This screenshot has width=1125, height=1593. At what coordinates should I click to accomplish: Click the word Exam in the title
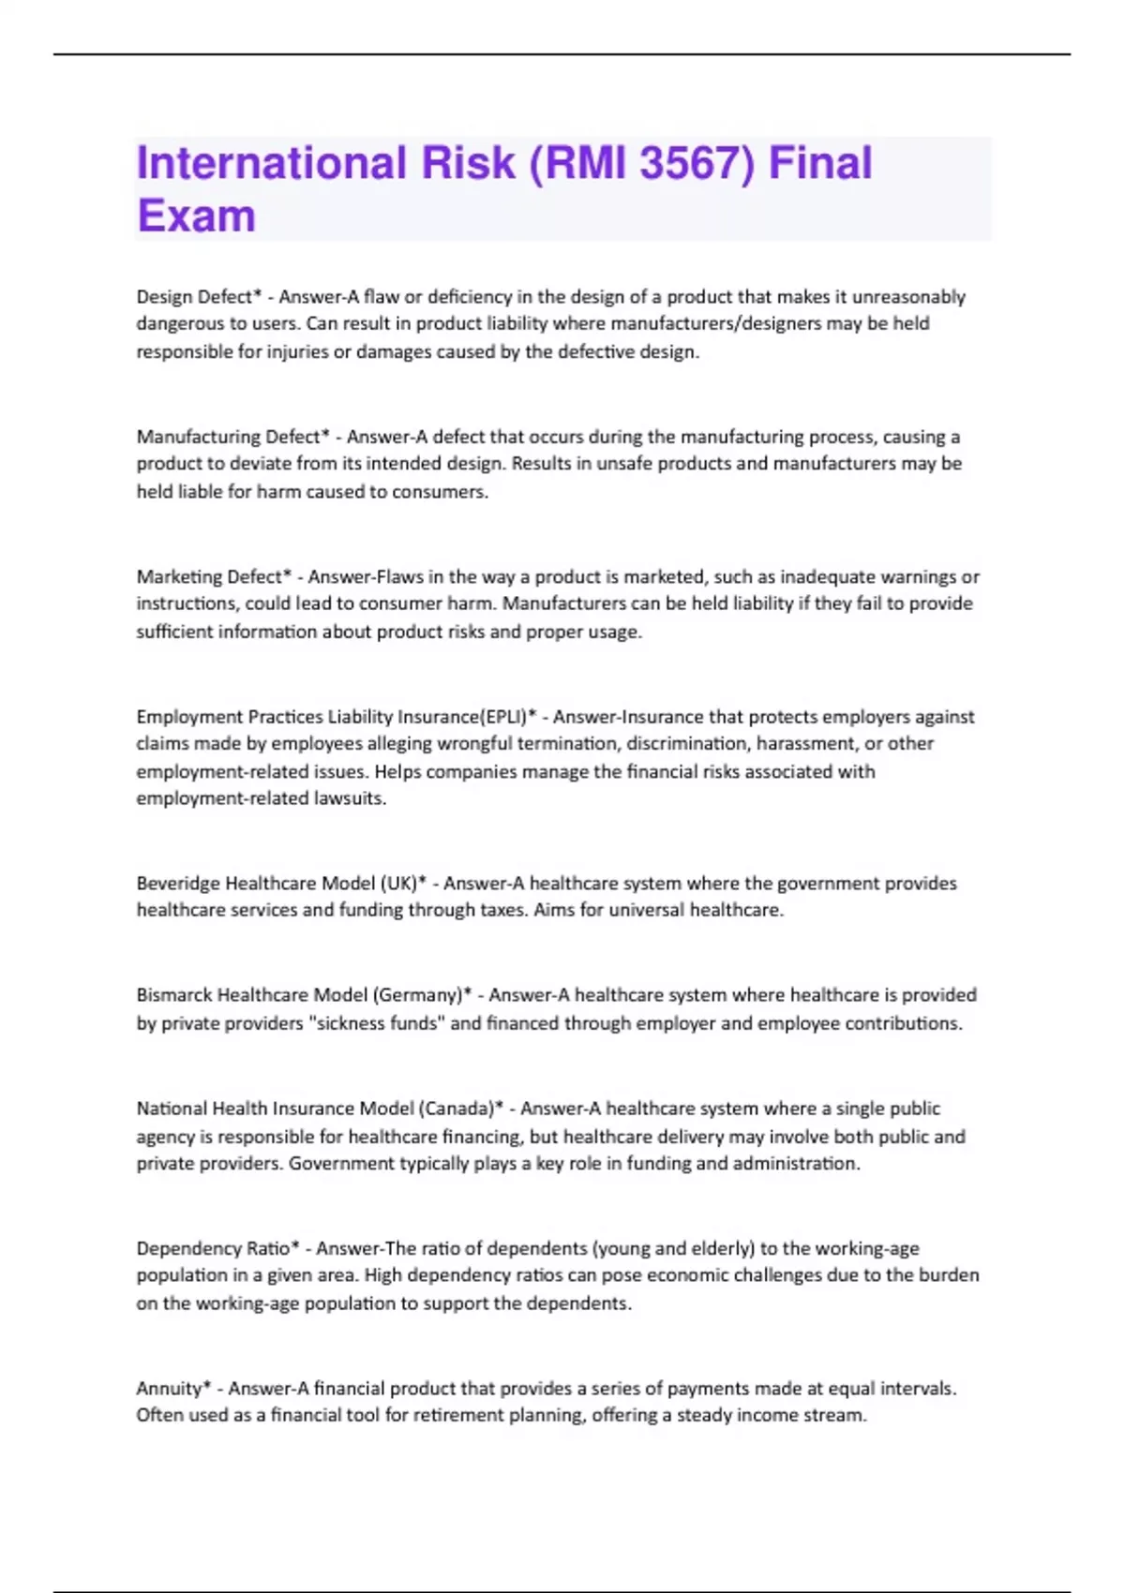[x=196, y=216]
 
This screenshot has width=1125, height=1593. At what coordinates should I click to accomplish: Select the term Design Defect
[x=195, y=297]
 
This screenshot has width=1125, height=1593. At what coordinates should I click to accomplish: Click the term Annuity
[x=170, y=1388]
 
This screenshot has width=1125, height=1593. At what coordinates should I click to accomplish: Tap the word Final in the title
[x=820, y=162]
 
